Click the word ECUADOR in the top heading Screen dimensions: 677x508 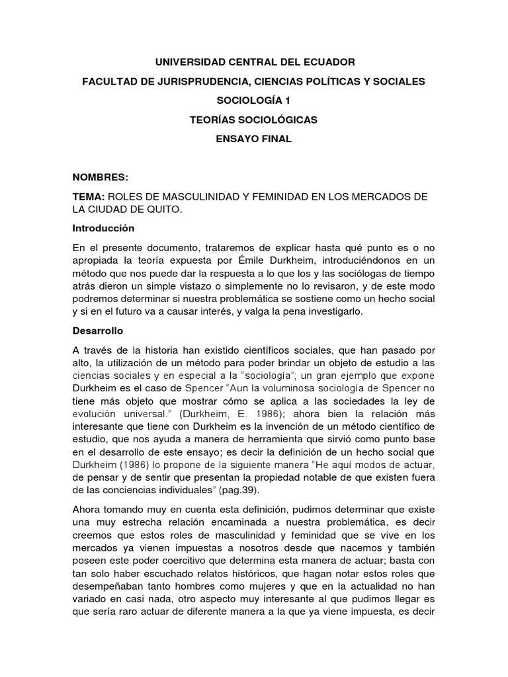[x=326, y=62]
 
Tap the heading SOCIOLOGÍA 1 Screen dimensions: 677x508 [x=255, y=100]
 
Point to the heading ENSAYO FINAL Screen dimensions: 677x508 [x=255, y=139]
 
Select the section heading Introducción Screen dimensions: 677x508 [x=103, y=228]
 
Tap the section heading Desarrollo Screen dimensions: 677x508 [x=97, y=330]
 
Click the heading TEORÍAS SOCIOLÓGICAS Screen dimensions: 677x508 [x=255, y=120]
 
